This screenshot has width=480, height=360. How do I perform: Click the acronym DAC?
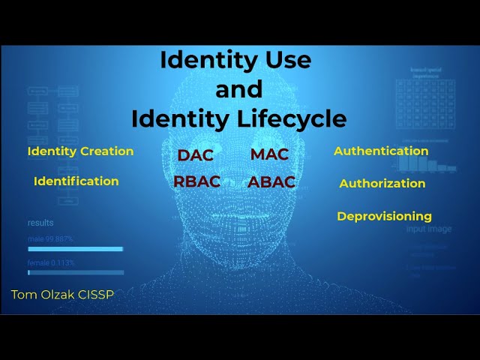click(x=196, y=155)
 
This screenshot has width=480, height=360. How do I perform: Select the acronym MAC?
click(x=269, y=154)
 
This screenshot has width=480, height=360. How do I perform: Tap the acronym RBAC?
click(x=196, y=181)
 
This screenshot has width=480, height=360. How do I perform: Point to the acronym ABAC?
click(x=271, y=181)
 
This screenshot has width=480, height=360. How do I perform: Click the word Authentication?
click(x=381, y=151)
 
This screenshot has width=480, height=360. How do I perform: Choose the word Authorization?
click(x=382, y=183)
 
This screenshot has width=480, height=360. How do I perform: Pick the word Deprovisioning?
click(x=384, y=216)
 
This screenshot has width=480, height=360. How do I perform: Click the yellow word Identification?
click(x=76, y=181)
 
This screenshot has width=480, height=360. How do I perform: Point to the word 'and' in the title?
click(x=238, y=89)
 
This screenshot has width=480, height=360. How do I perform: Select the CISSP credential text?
click(x=97, y=295)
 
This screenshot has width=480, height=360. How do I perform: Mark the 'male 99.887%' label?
click(x=50, y=238)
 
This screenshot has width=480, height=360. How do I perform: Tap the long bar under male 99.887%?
click(x=75, y=248)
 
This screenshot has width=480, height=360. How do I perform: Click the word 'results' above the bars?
click(x=40, y=223)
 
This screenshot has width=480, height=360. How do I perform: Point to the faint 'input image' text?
click(x=429, y=229)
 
